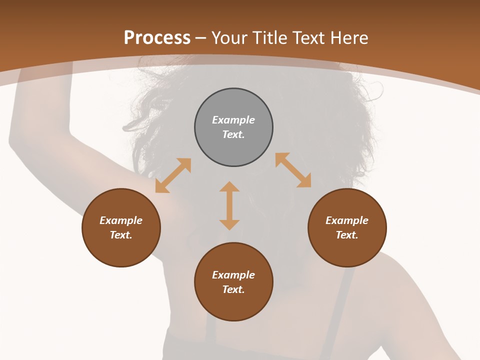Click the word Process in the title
(x=157, y=37)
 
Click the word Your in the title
(x=229, y=37)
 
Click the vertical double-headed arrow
(x=229, y=205)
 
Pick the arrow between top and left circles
(x=173, y=175)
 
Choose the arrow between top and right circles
(x=293, y=170)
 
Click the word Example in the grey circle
(x=233, y=120)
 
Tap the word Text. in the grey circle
(x=233, y=134)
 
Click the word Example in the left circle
(x=121, y=220)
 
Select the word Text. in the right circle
(x=347, y=235)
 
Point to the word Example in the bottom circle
(x=233, y=275)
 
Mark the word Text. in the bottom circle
(x=233, y=289)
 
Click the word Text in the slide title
(x=307, y=37)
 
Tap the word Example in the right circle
(x=347, y=220)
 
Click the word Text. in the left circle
(x=121, y=235)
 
